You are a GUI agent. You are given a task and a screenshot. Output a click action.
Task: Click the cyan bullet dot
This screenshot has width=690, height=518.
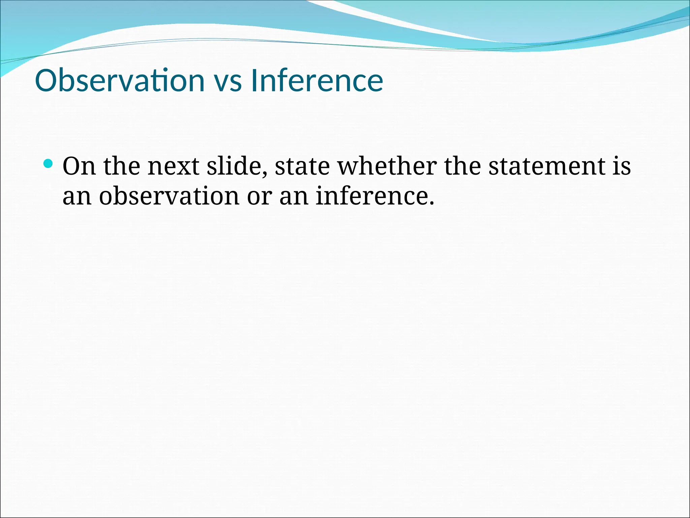[x=49, y=164]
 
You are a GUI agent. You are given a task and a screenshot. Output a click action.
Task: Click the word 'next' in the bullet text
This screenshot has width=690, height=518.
[x=173, y=167]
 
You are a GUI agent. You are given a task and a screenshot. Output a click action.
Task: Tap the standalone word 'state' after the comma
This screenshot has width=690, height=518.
[x=302, y=167]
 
